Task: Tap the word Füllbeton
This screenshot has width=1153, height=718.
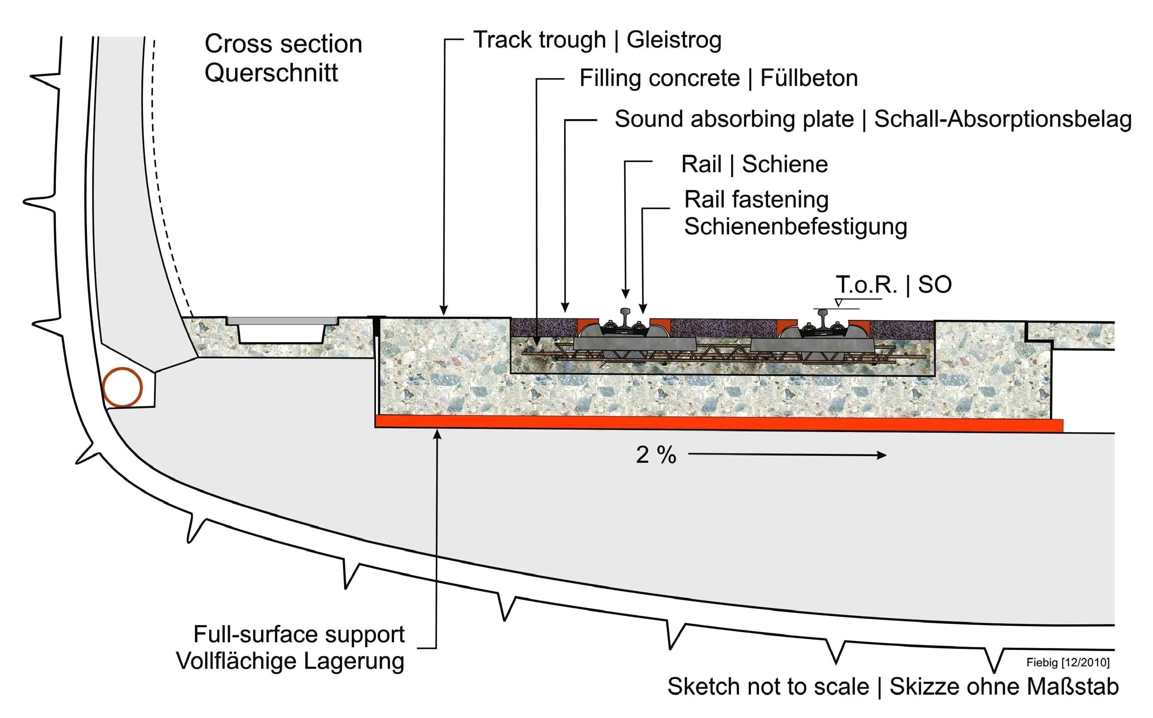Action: click(x=809, y=78)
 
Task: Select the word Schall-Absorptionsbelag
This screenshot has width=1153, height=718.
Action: click(x=1003, y=119)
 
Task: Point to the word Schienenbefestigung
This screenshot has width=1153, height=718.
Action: click(x=795, y=227)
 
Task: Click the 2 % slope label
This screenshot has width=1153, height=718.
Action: click(x=656, y=455)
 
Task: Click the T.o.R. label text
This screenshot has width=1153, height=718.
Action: click(x=866, y=285)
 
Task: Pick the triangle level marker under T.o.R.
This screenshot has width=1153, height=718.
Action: click(x=839, y=302)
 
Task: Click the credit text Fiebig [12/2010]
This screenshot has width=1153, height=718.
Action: click(x=1067, y=662)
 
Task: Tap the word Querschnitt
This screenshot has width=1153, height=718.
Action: click(x=271, y=73)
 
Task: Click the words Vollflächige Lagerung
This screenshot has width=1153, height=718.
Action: click(x=290, y=661)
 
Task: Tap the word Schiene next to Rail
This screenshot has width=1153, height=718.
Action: click(x=785, y=164)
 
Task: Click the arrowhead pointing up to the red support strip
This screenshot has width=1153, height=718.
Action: click(x=437, y=433)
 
